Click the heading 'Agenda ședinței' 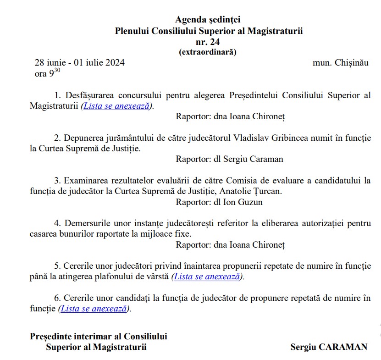pyautogui.click(x=208, y=20)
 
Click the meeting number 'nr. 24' pyautogui.click(x=208, y=42)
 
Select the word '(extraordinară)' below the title pyautogui.click(x=208, y=52)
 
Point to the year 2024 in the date pyautogui.click(x=115, y=63)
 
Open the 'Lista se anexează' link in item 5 pyautogui.click(x=207, y=277)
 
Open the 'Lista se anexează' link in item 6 pyautogui.click(x=94, y=309)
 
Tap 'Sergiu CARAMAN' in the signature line pyautogui.click(x=329, y=347)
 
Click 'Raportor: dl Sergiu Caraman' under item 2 pyautogui.click(x=229, y=159)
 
